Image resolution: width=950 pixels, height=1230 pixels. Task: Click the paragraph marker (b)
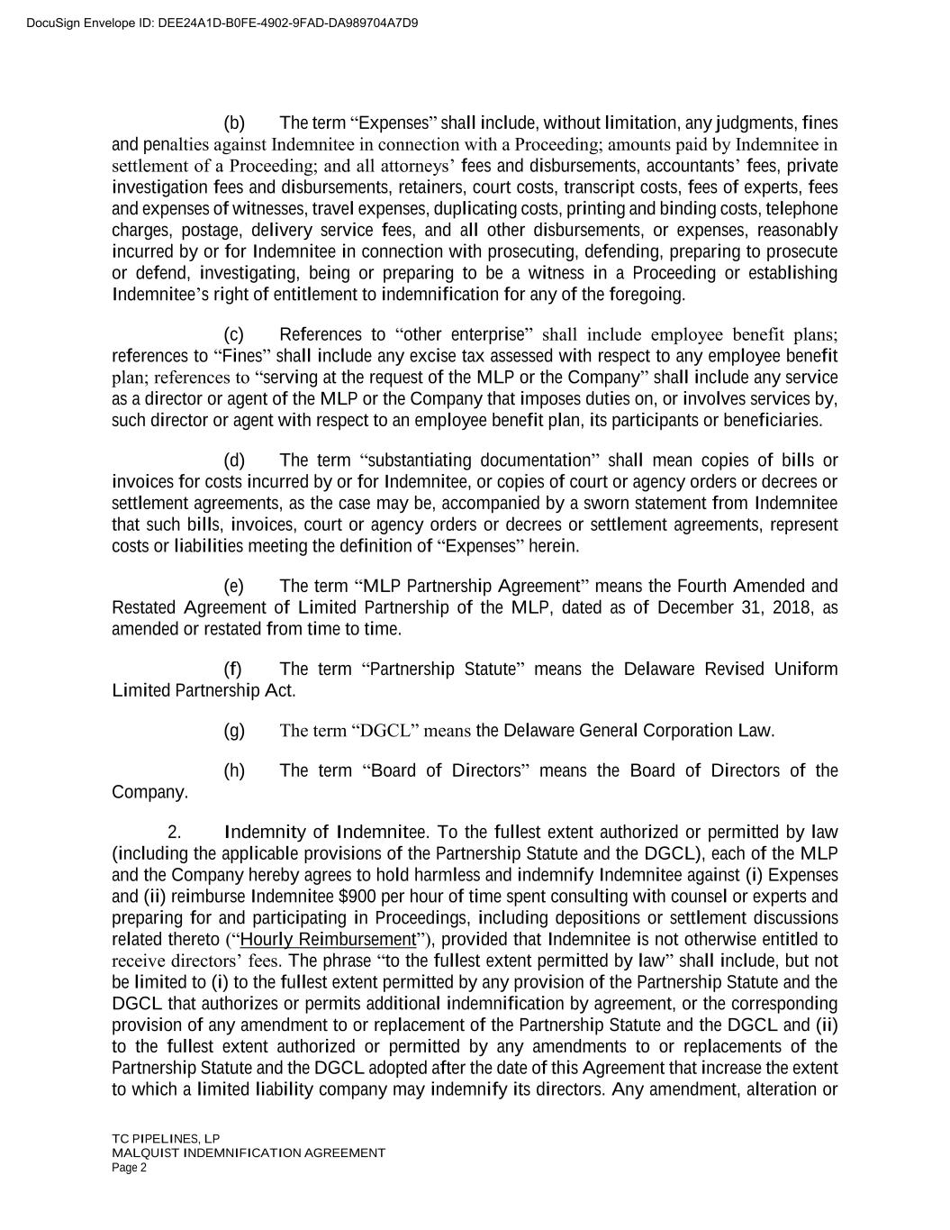pos(234,123)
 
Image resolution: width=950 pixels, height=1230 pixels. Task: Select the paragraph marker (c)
pos(234,334)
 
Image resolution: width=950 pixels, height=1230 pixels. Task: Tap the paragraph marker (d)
pos(234,460)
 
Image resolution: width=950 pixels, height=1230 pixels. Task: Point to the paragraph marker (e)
pos(234,587)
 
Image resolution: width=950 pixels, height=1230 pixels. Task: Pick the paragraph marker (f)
pos(233,670)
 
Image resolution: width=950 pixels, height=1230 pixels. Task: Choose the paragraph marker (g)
pos(234,731)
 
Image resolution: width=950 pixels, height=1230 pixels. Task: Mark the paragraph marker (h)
pos(234,771)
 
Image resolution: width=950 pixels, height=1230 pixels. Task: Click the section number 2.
pos(175,832)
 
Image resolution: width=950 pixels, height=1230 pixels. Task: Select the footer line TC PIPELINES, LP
pos(166,1138)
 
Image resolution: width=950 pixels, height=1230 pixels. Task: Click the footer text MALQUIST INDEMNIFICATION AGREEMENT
pos(249,1153)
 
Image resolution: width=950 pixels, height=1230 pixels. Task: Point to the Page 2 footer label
pos(129,1168)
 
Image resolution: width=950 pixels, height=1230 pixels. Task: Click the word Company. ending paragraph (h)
pos(149,793)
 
